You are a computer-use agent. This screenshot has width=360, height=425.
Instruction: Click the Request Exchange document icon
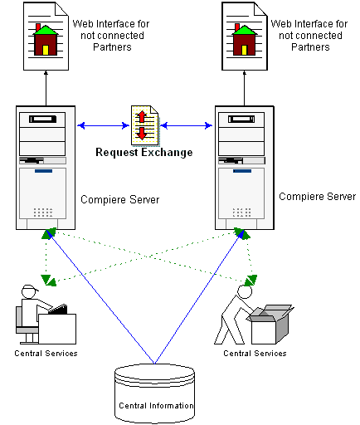point(145,125)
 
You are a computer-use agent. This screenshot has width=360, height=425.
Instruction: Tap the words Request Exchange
point(144,153)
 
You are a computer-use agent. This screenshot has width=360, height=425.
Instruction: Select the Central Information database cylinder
point(154,393)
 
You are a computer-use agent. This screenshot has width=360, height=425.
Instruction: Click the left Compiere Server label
point(120,199)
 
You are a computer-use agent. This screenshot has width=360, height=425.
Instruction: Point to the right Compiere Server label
point(318,197)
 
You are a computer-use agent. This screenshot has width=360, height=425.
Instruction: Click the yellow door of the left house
point(46,50)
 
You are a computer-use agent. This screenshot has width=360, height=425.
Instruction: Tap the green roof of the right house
point(245,30)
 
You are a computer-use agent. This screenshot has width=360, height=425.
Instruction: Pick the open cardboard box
point(270,324)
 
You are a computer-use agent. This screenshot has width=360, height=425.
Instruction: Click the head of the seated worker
point(29,291)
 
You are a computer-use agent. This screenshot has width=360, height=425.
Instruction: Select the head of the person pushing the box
point(245,291)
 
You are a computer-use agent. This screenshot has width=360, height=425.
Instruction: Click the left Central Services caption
point(46,354)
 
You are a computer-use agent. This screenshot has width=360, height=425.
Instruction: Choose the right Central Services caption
point(255,354)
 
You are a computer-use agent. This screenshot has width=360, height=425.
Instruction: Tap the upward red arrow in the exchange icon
point(142,116)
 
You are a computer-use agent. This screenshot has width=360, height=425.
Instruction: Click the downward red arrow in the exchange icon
point(142,134)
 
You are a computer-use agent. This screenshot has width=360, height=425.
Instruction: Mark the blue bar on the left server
point(43,171)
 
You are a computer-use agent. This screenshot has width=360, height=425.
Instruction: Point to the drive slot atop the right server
point(241,120)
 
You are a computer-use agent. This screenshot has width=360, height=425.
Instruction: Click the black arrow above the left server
point(46,88)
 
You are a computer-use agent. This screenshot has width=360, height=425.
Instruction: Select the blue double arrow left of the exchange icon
point(103,126)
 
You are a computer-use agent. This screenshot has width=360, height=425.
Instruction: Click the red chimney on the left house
point(38,27)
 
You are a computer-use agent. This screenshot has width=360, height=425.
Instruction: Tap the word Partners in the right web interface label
point(310,47)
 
